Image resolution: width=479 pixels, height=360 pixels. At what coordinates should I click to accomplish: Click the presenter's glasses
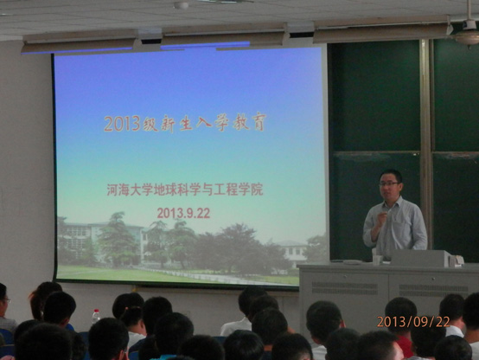pos(389,183)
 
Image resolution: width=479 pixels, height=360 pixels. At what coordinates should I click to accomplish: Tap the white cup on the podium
pos(378,259)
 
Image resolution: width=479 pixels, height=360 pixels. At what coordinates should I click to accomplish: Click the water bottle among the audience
pos(96,316)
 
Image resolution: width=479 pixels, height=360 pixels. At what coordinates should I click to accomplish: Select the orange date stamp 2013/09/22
pos(413,322)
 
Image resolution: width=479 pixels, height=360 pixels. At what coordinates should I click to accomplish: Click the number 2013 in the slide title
pos(122,124)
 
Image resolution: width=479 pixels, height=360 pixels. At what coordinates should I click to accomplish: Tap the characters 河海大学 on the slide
pos(129,190)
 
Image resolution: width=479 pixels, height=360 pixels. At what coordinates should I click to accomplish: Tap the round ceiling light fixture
pos(182,5)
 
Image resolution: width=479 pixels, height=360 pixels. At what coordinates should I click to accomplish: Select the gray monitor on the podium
pos(422,258)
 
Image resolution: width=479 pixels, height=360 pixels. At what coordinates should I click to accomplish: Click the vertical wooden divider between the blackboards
pos(425,147)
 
